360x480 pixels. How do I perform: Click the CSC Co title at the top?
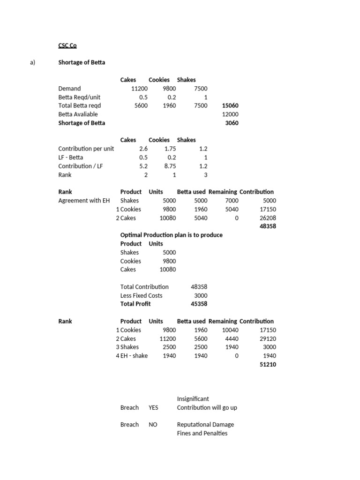click(67, 45)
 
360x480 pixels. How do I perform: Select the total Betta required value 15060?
click(230, 105)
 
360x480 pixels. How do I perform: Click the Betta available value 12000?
click(230, 114)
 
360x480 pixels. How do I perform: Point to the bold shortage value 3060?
click(232, 123)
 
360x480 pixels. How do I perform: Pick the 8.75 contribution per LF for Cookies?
click(168, 166)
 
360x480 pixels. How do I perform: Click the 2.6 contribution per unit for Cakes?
click(143, 149)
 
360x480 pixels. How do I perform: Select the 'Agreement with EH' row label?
click(84, 201)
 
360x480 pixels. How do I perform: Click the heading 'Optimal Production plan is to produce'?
click(171, 235)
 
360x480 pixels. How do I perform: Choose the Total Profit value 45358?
click(199, 304)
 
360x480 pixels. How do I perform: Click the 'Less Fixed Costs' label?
click(141, 295)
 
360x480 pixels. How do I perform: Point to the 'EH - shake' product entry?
click(134, 356)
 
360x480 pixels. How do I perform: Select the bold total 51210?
click(268, 364)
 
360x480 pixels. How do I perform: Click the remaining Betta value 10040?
click(229, 330)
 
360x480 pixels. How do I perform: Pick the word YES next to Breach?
click(153, 407)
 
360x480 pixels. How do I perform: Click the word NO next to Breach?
click(153, 425)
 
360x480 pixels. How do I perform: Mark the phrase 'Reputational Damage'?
click(205, 425)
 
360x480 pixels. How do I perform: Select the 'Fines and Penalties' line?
click(202, 433)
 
